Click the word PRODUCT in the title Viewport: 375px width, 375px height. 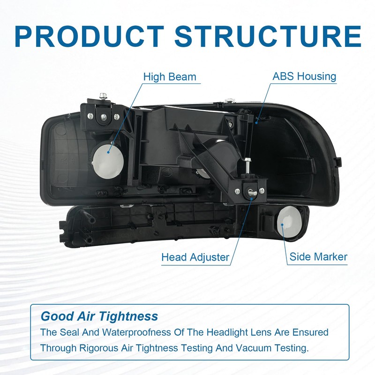point(89,37)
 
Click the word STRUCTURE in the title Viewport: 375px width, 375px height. point(268,37)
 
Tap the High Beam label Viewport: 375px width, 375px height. point(170,77)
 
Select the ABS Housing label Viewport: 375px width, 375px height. point(304,76)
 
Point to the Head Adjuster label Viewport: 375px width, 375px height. point(195,257)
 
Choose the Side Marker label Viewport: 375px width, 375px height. point(318,257)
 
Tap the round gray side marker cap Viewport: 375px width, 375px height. point(289,222)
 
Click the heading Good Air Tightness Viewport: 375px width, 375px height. point(99,316)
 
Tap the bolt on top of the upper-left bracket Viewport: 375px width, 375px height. point(103,96)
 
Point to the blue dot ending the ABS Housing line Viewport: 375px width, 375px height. point(256,123)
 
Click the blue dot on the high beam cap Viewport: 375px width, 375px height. point(108,152)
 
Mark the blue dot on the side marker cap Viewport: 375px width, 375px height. point(282,225)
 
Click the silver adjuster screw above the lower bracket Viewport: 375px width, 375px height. point(247,165)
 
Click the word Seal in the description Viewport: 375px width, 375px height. point(69,332)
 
